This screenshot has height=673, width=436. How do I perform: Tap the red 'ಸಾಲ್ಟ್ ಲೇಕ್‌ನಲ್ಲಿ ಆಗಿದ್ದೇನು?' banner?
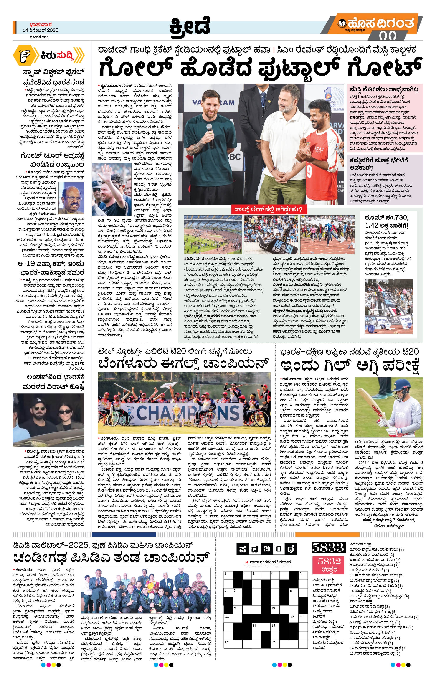(x=267, y=209)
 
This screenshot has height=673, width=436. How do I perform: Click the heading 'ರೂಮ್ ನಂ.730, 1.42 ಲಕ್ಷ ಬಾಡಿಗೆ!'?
(x=386, y=221)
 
